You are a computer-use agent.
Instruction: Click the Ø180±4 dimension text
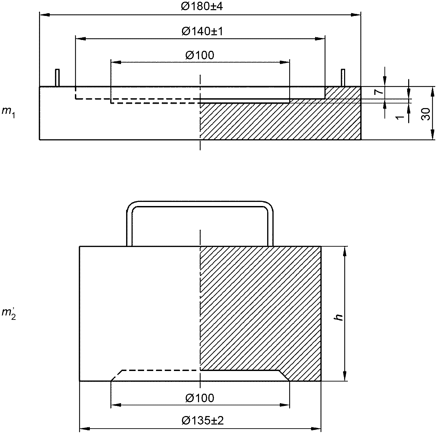coord(202,6)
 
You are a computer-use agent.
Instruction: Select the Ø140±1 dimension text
coord(202,31)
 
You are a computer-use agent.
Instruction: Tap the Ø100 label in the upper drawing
coord(200,55)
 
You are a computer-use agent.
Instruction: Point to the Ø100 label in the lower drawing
coord(200,398)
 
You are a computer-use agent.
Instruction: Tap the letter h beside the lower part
coord(339,317)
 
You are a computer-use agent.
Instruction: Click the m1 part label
coord(8,112)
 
